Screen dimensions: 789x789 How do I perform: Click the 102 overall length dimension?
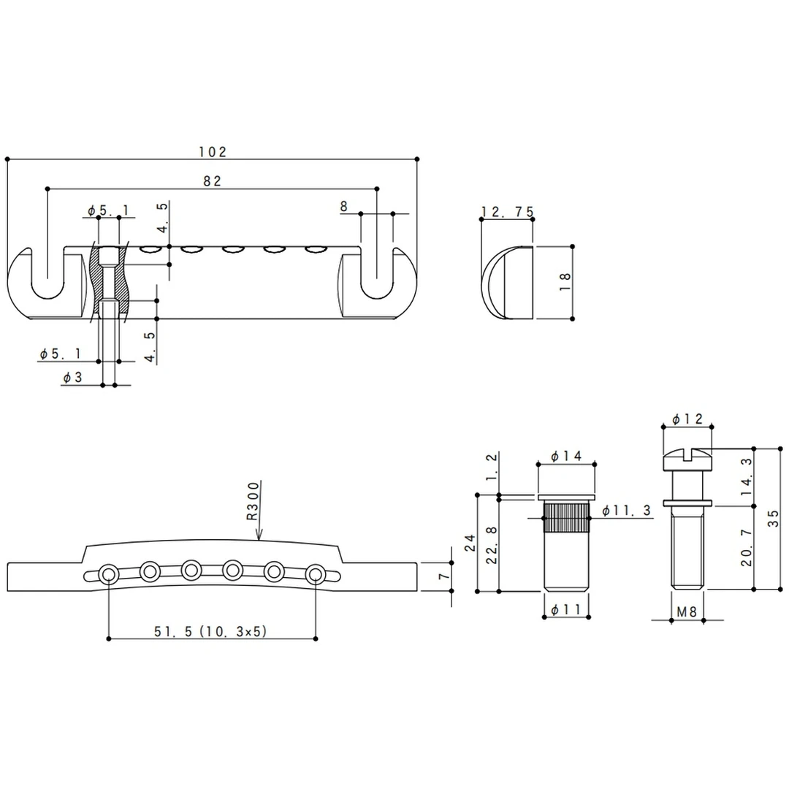[213, 152]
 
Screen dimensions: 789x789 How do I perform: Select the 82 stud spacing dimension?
[213, 182]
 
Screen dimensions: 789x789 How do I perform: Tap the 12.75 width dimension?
[507, 212]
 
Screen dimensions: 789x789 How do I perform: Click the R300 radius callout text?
[252, 501]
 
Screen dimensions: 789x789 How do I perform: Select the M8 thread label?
[687, 612]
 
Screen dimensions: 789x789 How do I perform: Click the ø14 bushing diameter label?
[566, 456]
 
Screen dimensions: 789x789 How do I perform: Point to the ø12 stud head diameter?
[687, 419]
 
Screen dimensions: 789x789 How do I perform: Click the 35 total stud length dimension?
[774, 518]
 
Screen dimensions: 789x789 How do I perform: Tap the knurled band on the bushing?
[567, 517]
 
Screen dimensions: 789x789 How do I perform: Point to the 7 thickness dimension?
[440, 576]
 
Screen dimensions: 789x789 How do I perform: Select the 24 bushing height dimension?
[470, 543]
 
